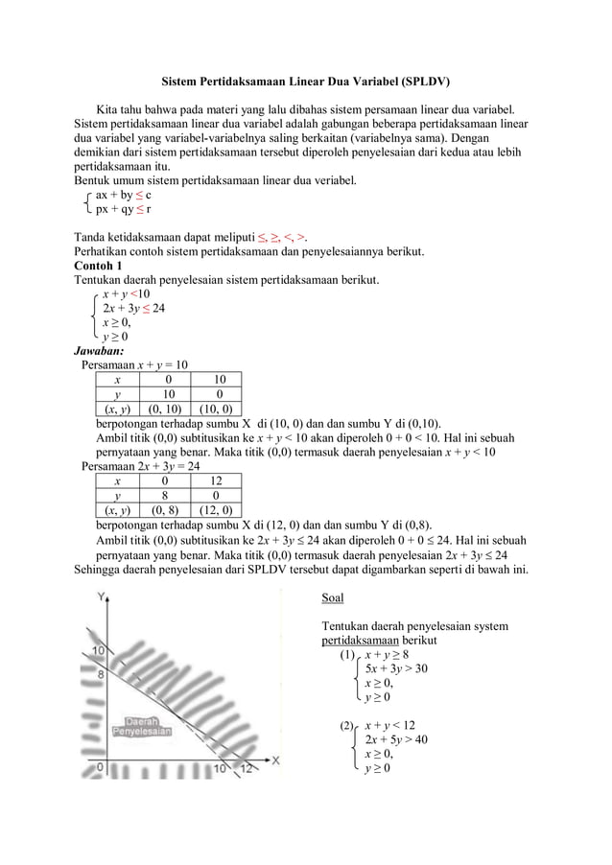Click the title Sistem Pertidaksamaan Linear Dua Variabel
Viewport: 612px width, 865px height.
pyautogui.click(x=305, y=82)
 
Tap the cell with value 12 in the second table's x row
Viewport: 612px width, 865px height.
pyautogui.click(x=216, y=480)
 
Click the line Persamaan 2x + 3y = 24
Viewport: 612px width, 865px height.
pyautogui.click(x=141, y=466)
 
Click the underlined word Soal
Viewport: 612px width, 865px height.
pyautogui.click(x=332, y=598)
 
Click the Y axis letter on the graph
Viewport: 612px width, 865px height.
pyautogui.click(x=100, y=596)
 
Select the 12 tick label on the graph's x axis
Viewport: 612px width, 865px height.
pyautogui.click(x=247, y=769)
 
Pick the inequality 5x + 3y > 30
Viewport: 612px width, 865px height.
pyautogui.click(x=396, y=668)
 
